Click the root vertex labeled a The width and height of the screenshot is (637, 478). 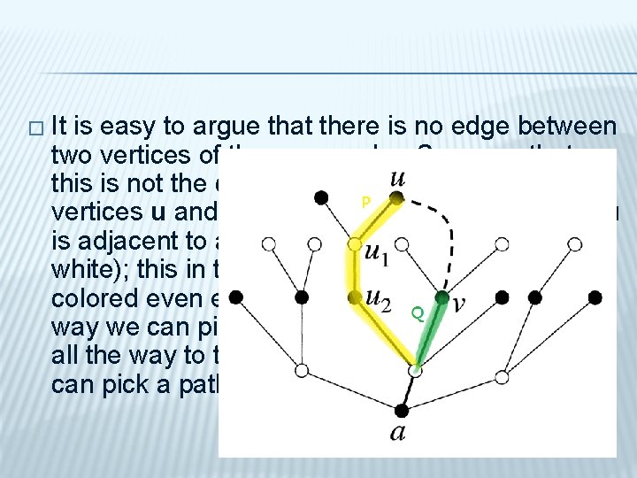(x=401, y=411)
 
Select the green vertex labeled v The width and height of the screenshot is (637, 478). (x=442, y=299)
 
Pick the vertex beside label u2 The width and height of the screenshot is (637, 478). (x=354, y=297)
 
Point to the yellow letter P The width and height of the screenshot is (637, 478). (x=365, y=203)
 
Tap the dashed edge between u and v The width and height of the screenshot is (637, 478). (x=447, y=230)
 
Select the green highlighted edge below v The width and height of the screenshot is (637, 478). (x=430, y=333)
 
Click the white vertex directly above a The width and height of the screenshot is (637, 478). (x=416, y=370)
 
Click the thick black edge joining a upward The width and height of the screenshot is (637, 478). (x=408, y=391)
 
